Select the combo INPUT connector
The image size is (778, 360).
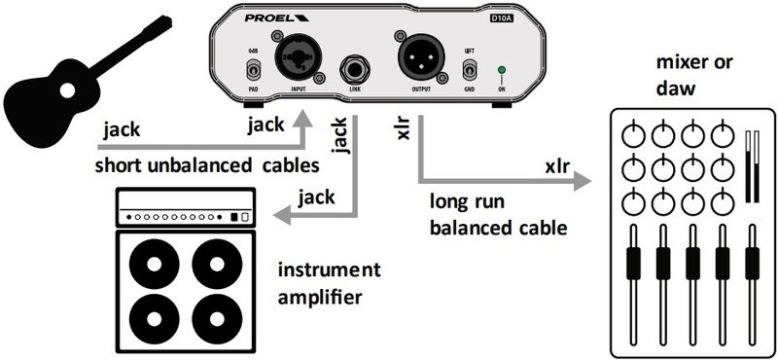click(298, 60)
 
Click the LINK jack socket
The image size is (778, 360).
click(353, 72)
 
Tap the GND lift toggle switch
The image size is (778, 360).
click(470, 69)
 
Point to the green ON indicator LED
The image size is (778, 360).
click(502, 70)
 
